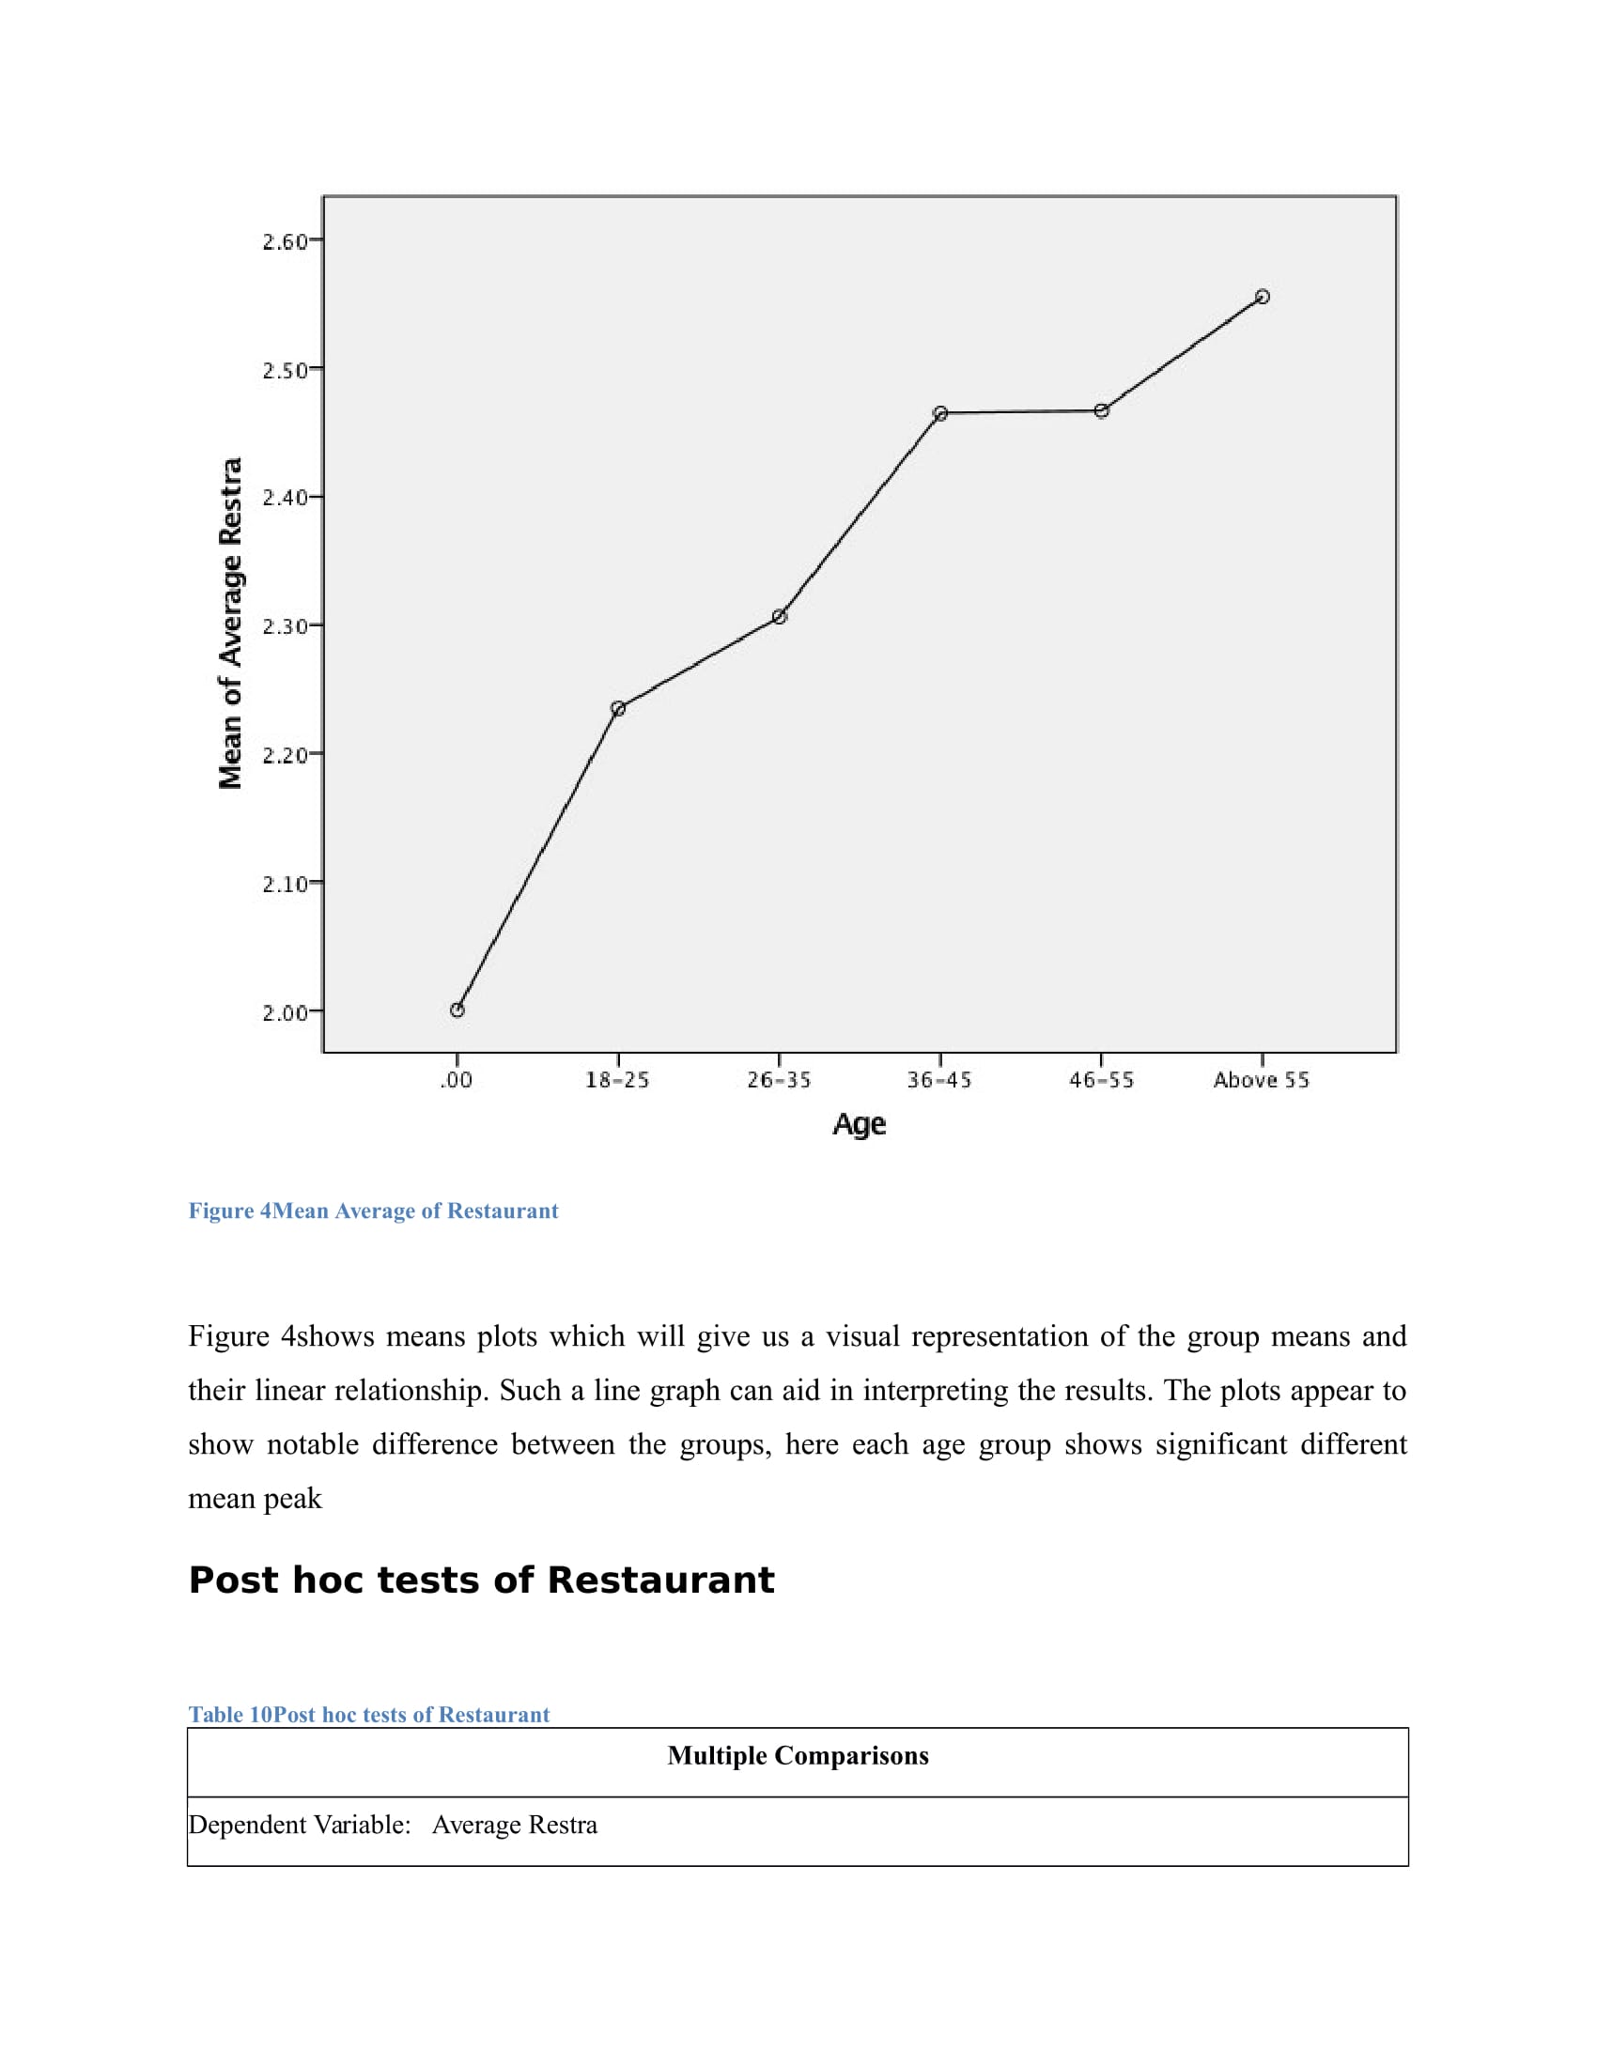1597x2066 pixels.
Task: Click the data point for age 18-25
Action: click(618, 708)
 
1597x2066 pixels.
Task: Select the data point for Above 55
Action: click(1262, 297)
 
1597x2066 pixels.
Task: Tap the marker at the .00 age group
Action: click(457, 1010)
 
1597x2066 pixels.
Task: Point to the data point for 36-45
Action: click(940, 413)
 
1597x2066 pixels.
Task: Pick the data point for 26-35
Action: click(780, 617)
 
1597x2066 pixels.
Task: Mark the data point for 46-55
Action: click(1101, 410)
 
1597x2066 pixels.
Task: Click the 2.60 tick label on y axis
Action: click(286, 242)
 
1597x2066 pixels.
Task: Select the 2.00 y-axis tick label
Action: click(286, 1013)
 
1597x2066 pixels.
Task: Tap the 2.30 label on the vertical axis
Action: click(286, 626)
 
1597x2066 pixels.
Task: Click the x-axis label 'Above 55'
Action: click(1261, 1080)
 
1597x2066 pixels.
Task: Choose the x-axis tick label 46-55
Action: click(1101, 1080)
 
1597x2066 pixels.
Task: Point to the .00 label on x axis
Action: click(457, 1080)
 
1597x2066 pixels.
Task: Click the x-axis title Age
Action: click(859, 1124)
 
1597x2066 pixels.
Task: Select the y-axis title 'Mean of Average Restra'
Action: click(231, 624)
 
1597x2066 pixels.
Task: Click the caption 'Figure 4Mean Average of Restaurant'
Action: click(373, 1210)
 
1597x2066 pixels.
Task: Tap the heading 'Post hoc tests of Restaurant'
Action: click(481, 1580)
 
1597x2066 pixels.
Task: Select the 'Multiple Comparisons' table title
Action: click(798, 1756)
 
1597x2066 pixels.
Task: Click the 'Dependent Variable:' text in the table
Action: click(300, 1825)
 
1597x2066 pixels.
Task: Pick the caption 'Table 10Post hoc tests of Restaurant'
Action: click(369, 1714)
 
